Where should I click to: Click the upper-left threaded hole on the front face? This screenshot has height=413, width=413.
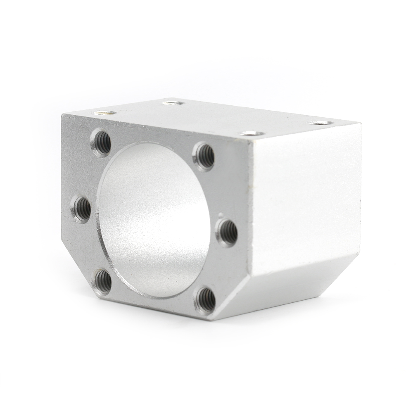pos(102,142)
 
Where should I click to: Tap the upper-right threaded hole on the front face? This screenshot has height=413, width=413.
pos(204,156)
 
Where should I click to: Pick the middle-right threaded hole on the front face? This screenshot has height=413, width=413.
pos(227,232)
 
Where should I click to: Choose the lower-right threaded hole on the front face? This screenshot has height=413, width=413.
pos(205,299)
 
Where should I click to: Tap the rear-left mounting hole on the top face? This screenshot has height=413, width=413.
pos(173,102)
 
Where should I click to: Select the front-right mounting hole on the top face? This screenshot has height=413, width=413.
pos(253,133)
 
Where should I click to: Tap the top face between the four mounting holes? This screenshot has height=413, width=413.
pos(215,118)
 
